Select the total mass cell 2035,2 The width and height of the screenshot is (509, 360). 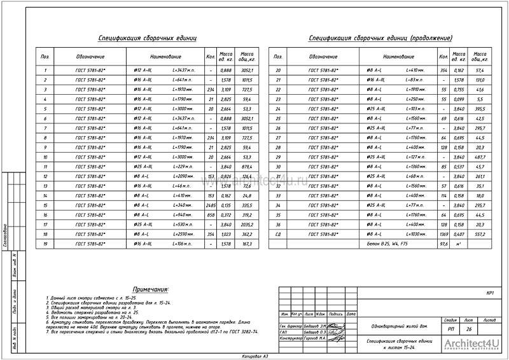247,225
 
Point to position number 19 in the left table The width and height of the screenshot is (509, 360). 45,244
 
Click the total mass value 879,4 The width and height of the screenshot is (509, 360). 247,167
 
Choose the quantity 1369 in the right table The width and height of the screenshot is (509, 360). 443,234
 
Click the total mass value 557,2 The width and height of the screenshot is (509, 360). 480,234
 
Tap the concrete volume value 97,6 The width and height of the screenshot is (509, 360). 444,244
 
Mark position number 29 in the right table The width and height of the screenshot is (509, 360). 277,156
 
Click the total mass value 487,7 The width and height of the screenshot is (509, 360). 480,156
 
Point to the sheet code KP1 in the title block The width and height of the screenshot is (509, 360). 490,293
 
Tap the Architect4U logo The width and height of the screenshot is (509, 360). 471,347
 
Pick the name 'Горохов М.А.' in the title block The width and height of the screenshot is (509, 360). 315,339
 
